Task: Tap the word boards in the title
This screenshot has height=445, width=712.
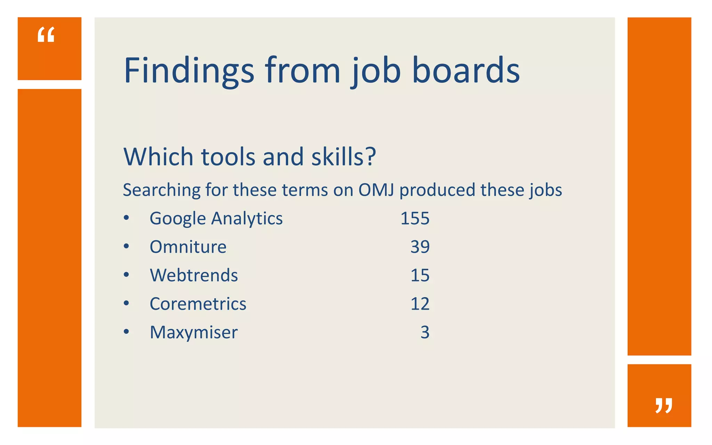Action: pos(466,71)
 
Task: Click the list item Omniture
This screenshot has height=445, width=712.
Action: pos(188,247)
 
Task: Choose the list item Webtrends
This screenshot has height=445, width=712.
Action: pos(194,275)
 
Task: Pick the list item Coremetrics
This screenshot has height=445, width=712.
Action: pos(198,304)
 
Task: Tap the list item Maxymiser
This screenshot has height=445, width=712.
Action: pos(194,332)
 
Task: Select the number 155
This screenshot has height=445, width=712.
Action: pos(415,219)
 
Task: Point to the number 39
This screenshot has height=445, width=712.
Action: pos(420,247)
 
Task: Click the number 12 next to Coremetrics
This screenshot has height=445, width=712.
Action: pos(420,304)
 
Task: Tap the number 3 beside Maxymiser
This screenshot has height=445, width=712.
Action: pos(425,332)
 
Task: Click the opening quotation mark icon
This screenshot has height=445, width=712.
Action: pos(46,35)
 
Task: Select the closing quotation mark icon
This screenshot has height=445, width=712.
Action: pos(664,405)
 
